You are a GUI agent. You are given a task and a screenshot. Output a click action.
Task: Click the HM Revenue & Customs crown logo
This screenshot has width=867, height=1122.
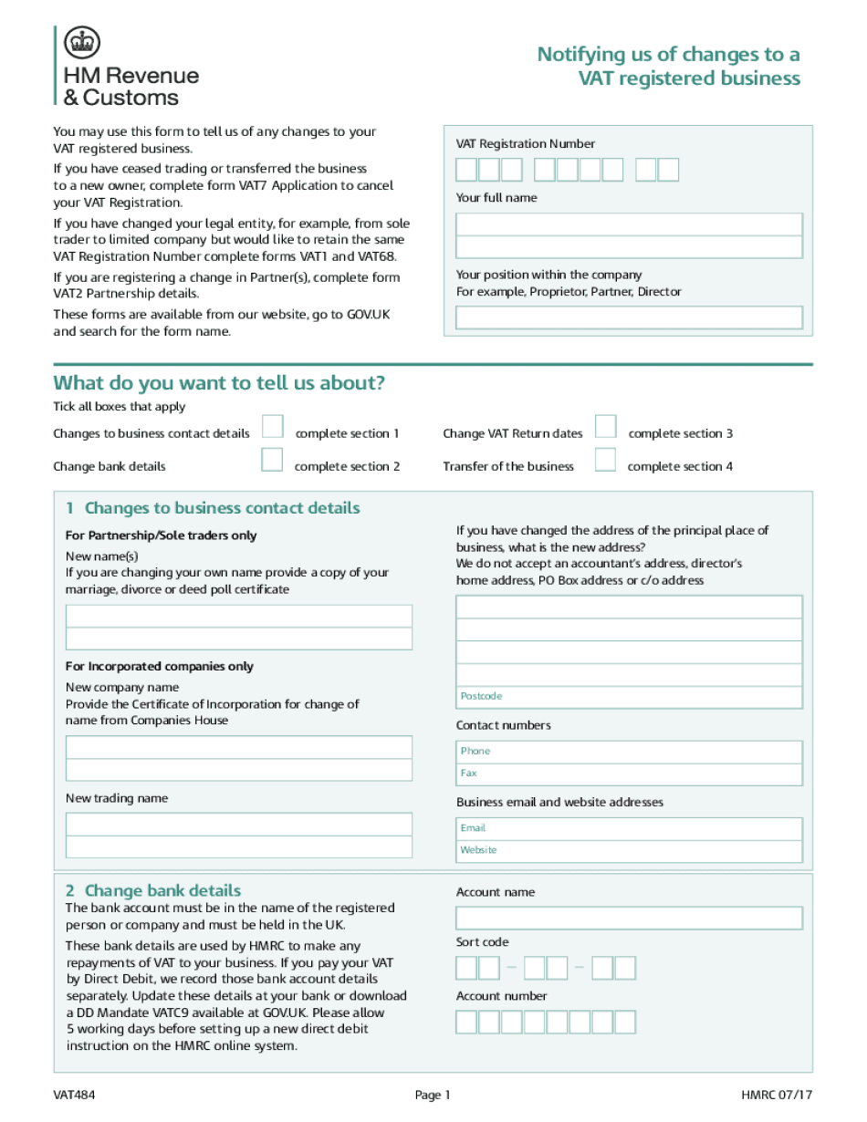tap(82, 43)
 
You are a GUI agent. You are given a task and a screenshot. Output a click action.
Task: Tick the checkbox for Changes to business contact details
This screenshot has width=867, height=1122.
tap(272, 427)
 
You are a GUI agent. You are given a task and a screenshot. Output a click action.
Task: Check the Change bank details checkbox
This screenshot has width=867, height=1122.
tap(272, 460)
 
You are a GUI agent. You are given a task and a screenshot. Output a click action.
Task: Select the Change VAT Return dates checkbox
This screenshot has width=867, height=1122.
tap(605, 427)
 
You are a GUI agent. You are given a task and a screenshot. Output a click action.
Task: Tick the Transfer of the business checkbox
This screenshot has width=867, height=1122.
tap(605, 460)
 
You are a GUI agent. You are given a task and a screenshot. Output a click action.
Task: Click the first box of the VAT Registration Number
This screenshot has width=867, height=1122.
tap(466, 170)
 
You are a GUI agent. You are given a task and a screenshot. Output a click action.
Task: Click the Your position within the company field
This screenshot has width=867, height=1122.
tap(629, 317)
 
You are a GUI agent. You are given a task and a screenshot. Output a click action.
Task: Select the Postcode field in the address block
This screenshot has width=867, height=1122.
tap(629, 697)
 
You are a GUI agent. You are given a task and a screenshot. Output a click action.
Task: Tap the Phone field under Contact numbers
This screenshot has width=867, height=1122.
tap(629, 752)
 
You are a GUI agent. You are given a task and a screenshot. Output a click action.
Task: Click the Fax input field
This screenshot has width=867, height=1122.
tap(629, 774)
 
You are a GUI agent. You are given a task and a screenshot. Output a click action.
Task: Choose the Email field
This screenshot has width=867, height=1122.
tap(629, 828)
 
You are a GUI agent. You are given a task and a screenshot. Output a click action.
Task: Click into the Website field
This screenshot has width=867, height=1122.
tap(629, 850)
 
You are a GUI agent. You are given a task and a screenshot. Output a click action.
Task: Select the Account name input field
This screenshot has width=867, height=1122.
tap(629, 918)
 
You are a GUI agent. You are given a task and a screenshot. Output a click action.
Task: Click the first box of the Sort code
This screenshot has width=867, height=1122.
tap(466, 968)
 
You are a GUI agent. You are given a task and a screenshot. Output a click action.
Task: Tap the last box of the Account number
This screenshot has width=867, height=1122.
tap(649, 1022)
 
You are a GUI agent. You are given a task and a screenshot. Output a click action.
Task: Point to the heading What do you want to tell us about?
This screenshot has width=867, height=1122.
tap(219, 383)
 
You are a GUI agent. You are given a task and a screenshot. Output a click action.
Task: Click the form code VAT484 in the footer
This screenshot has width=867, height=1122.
tap(73, 1096)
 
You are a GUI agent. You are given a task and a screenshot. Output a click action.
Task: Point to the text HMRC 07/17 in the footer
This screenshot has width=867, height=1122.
tap(776, 1096)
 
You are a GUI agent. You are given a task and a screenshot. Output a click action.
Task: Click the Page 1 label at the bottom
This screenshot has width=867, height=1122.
tap(433, 1096)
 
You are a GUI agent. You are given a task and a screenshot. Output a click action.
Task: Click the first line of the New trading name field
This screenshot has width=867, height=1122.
tap(238, 826)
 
